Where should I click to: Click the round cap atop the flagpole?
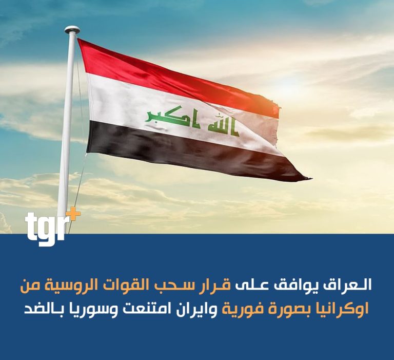click(72, 30)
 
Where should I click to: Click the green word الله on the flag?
click(223, 124)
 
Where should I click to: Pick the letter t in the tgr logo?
click(31, 225)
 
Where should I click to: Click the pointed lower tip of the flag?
click(311, 179)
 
